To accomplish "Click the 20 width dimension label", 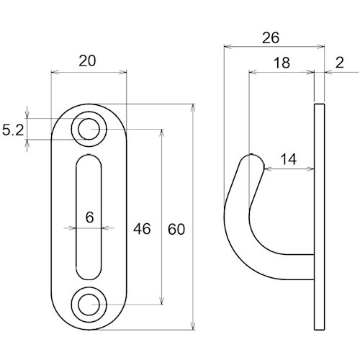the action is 87,60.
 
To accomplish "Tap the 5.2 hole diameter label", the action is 13,130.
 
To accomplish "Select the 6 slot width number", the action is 89,217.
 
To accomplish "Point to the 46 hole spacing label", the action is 142,228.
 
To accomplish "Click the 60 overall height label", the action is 176,229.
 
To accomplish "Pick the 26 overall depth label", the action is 271,38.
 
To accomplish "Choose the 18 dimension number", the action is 282,63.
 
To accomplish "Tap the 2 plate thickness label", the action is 340,63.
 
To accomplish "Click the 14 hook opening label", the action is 288,159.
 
